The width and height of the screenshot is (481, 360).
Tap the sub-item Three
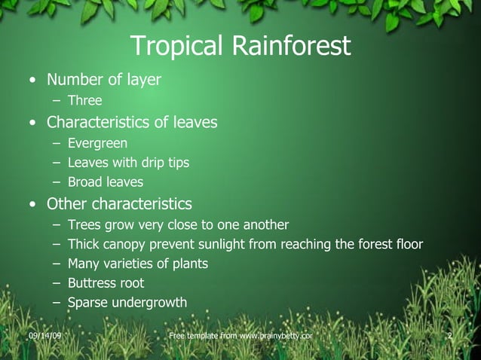[84, 100]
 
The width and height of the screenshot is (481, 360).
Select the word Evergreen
[97, 142]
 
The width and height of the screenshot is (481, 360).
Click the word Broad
[84, 182]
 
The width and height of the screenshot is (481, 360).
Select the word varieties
[130, 264]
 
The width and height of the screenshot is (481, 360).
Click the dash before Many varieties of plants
[57, 264]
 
